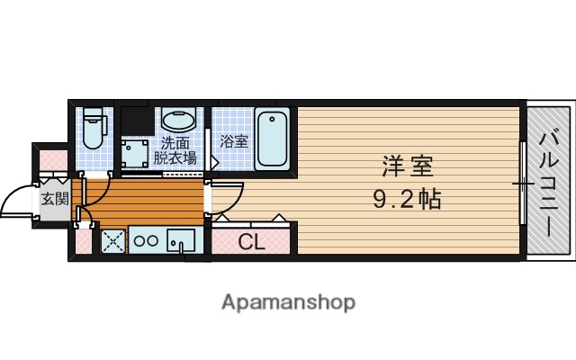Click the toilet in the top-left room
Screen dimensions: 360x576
[x=94, y=128]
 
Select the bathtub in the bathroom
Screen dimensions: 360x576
[x=272, y=139]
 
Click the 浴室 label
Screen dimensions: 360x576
[x=234, y=140]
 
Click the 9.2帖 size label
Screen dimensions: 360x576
[x=407, y=198]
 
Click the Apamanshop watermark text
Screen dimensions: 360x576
[x=288, y=301]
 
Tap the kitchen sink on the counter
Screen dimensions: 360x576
[x=182, y=241]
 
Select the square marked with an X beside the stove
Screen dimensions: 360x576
[x=112, y=241]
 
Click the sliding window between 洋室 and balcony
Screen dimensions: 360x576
[x=523, y=183]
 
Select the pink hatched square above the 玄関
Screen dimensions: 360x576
[x=49, y=160]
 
